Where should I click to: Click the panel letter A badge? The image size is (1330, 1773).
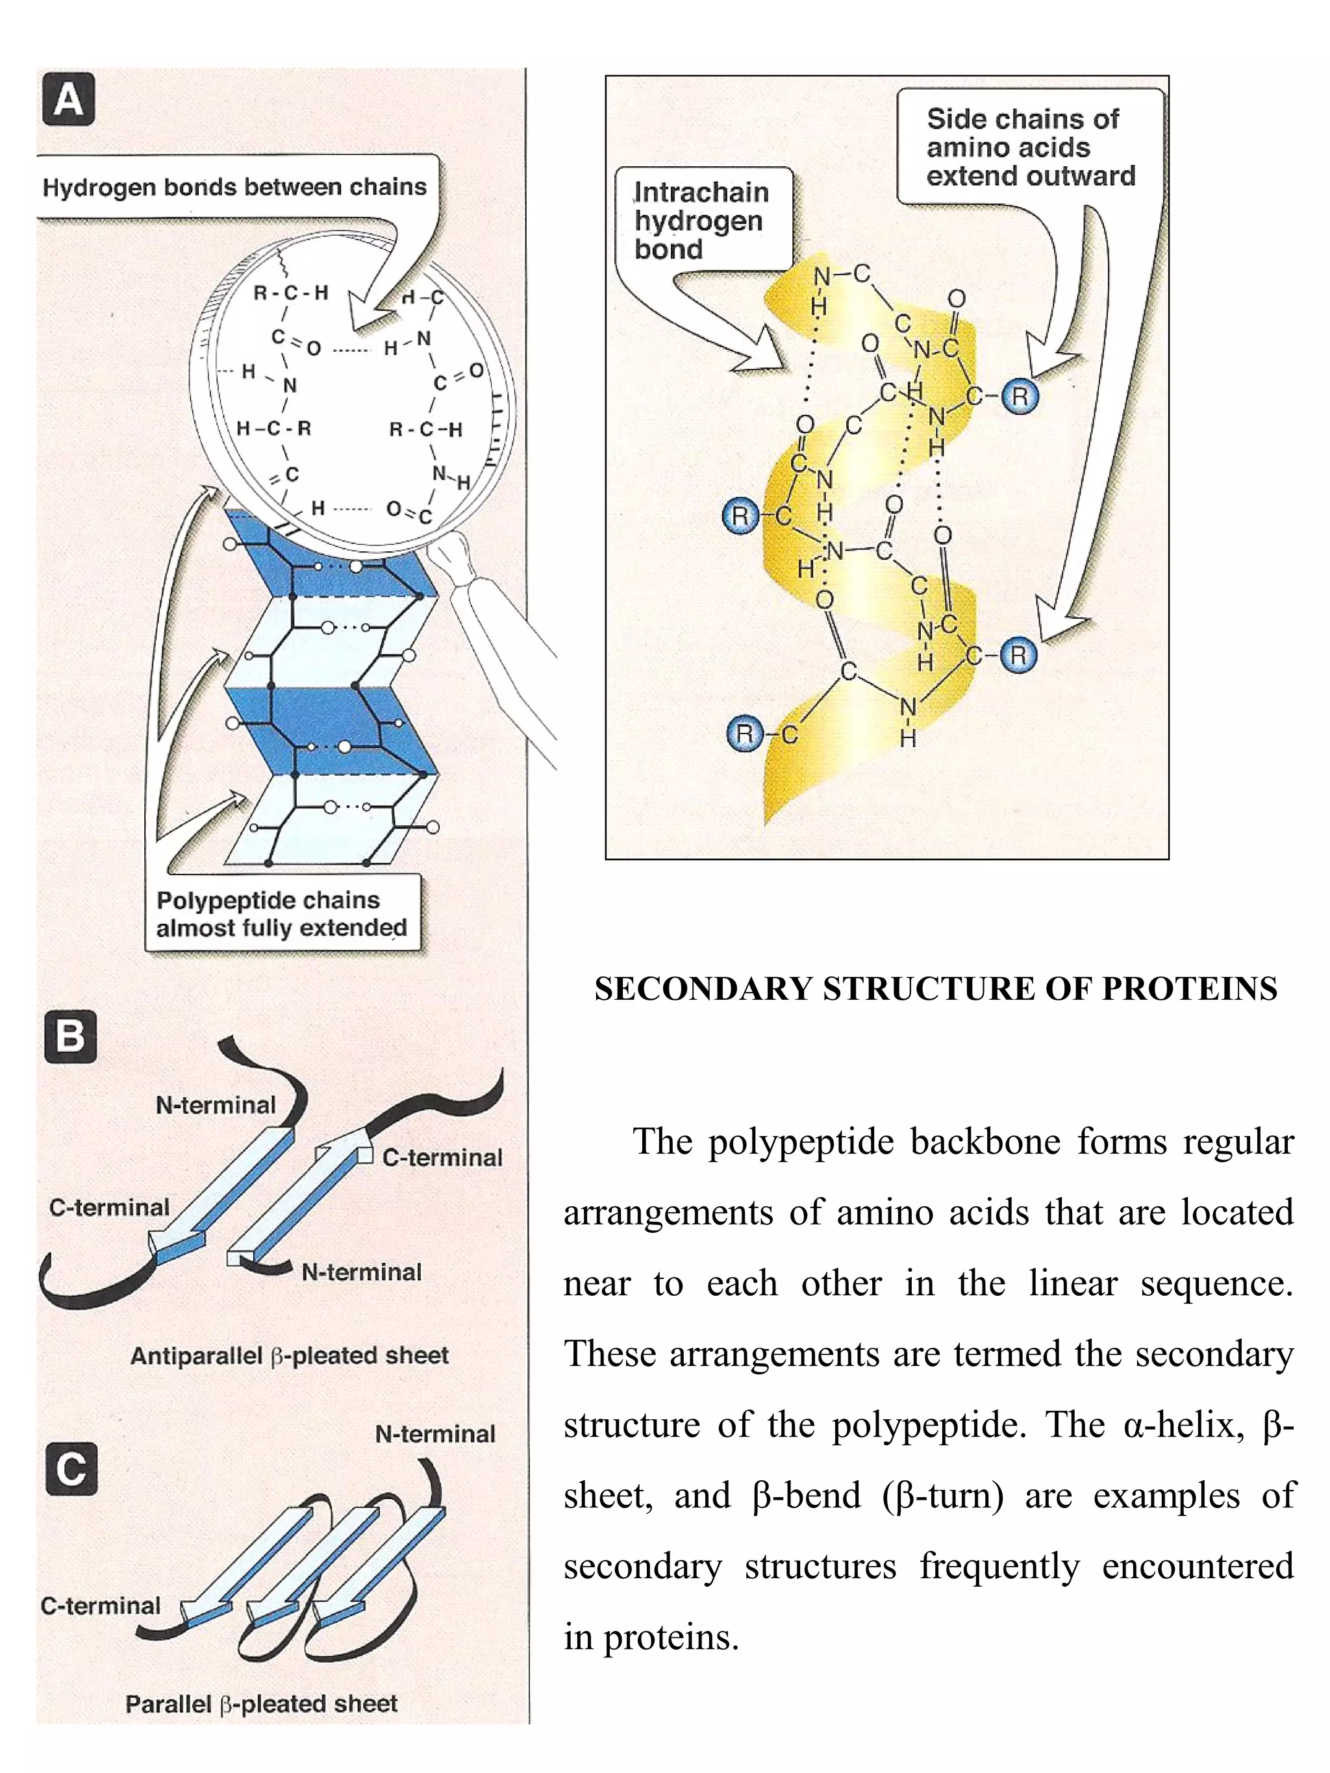(x=68, y=100)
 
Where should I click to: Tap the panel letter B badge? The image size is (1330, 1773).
(x=71, y=1035)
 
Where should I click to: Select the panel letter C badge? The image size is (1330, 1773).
(x=71, y=1469)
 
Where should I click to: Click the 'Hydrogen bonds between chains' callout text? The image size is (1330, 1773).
(x=234, y=188)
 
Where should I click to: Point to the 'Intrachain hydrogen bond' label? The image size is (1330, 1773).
(x=701, y=221)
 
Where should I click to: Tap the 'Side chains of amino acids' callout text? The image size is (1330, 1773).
(x=1030, y=147)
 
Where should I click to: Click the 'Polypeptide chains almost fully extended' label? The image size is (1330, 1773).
(x=281, y=913)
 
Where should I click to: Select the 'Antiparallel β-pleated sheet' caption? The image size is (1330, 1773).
(x=288, y=1356)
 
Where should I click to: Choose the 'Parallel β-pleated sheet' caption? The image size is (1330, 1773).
(x=260, y=1704)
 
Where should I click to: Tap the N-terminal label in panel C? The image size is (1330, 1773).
(x=434, y=1434)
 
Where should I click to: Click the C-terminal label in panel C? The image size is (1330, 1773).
(x=100, y=1606)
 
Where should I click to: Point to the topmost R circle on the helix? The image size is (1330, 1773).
(x=1019, y=397)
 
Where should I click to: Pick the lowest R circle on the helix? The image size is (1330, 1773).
(x=744, y=734)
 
